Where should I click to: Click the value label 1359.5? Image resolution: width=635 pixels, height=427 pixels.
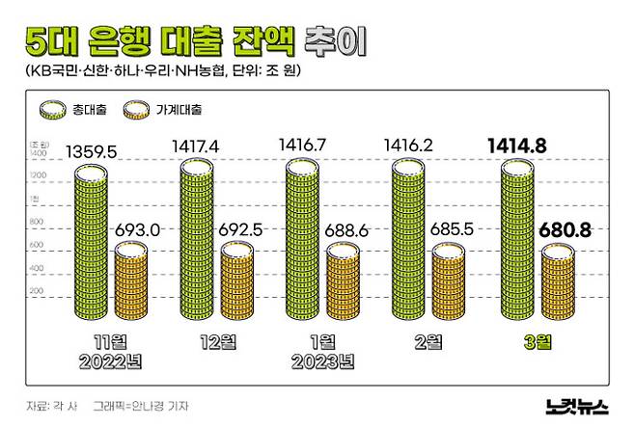coord(91,151)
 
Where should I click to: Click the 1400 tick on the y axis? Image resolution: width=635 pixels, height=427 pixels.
coord(38,153)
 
